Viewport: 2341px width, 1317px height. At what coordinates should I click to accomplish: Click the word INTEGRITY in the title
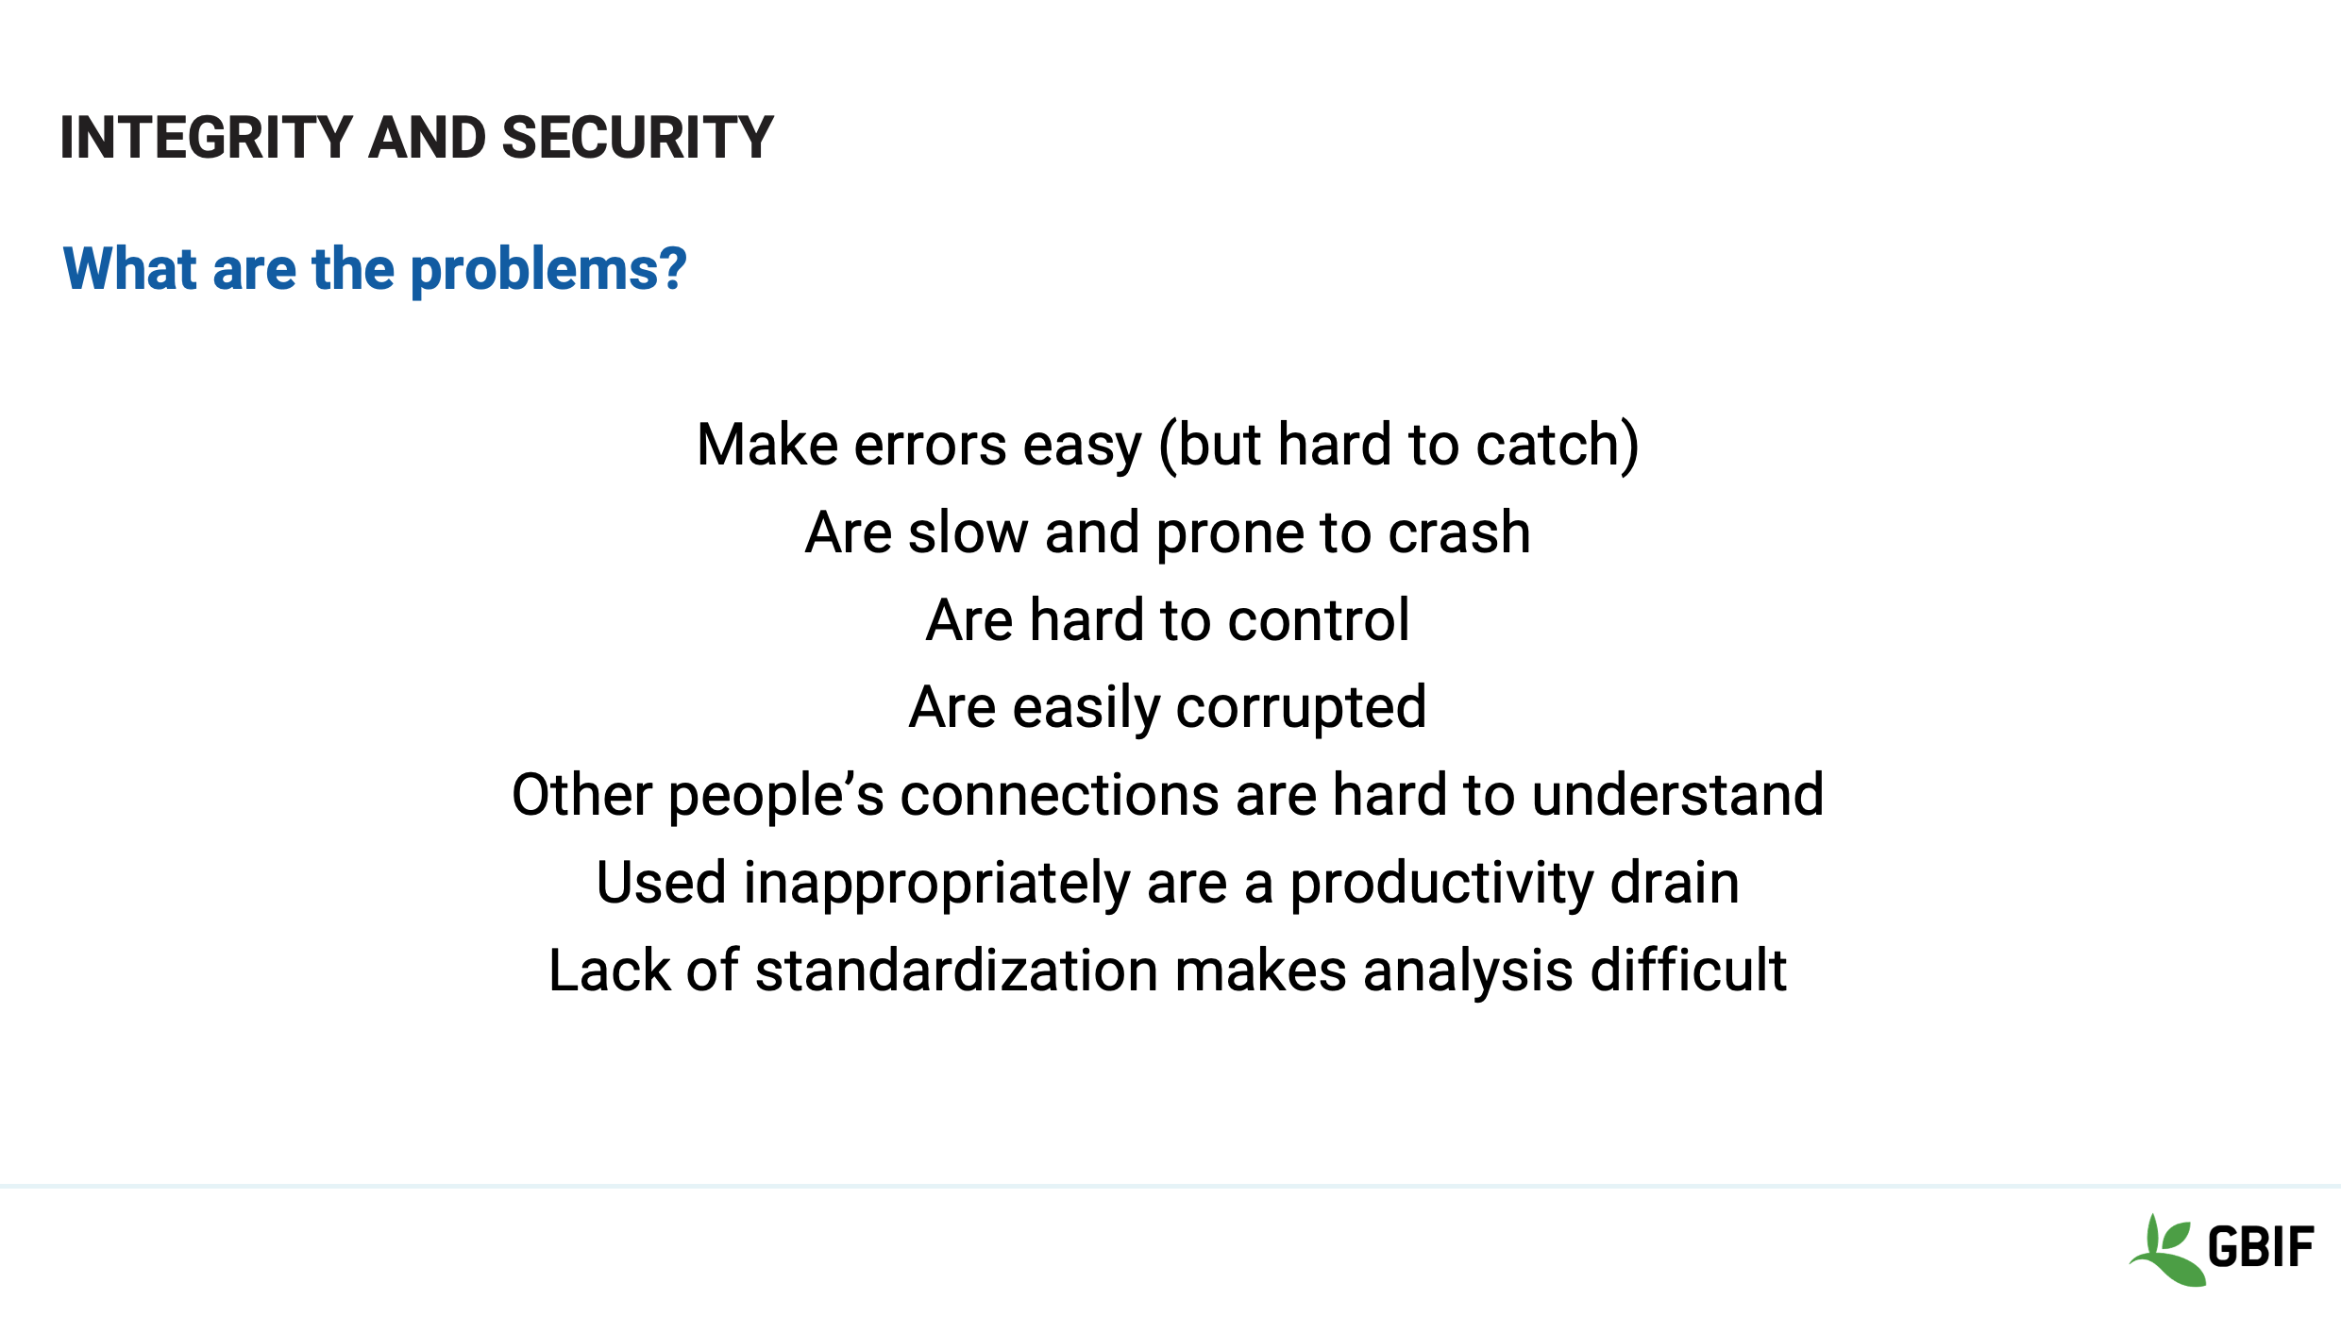(207, 138)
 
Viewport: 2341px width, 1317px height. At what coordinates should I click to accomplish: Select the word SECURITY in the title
(638, 138)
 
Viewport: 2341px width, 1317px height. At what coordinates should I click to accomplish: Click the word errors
(930, 445)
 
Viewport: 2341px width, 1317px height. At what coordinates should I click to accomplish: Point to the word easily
(1086, 709)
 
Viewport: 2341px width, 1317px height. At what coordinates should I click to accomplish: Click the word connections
(1060, 796)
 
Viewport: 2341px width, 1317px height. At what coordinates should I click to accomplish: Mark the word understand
(1677, 795)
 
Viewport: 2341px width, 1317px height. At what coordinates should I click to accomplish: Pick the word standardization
(957, 971)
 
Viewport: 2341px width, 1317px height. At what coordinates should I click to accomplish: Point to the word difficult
(1689, 971)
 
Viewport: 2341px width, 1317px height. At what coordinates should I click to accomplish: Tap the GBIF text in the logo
(2261, 1247)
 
